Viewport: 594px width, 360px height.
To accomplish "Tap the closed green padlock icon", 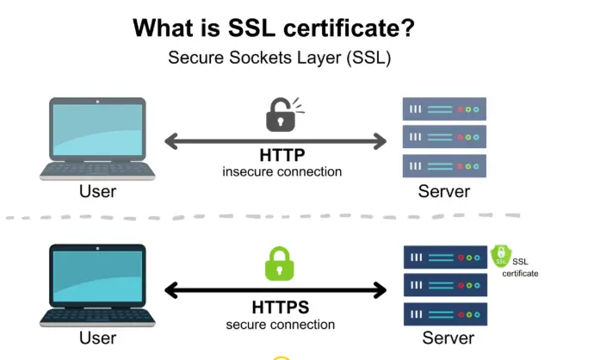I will [x=280, y=264].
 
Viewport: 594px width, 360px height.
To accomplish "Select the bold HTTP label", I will [x=282, y=156].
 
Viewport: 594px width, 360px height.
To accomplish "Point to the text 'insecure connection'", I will [x=282, y=171].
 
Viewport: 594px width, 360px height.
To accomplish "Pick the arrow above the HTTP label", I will [x=275, y=140].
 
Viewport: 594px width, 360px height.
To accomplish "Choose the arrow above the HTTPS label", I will [x=275, y=290].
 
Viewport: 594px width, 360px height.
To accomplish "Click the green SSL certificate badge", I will [x=501, y=256].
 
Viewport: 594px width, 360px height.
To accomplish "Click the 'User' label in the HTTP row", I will [x=97, y=191].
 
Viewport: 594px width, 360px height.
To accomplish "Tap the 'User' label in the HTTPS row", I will [x=97, y=338].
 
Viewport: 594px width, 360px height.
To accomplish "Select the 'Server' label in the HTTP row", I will [x=443, y=191].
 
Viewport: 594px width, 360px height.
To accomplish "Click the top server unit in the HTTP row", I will [x=444, y=109].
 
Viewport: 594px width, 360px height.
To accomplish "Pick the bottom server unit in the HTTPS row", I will [x=445, y=313].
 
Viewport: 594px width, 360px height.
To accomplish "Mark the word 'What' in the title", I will [x=166, y=28].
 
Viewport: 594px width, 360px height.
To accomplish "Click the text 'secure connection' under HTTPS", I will [x=281, y=325].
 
